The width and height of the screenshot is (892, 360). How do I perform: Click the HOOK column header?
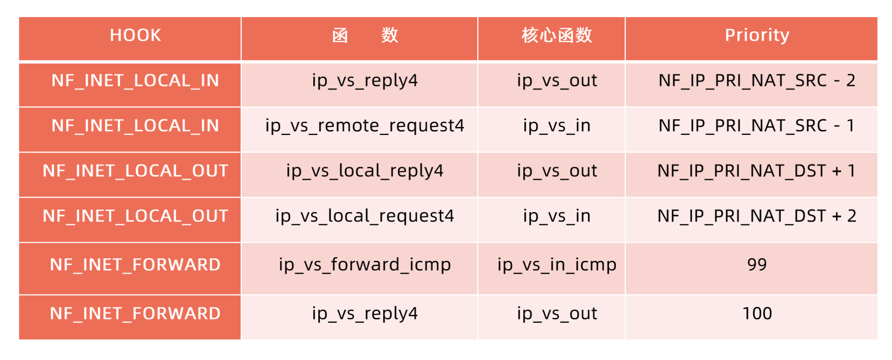[x=135, y=35]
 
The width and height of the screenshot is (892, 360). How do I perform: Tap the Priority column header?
[x=757, y=35]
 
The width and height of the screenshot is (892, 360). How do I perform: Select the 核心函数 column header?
[x=557, y=35]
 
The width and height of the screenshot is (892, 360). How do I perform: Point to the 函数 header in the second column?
[x=365, y=35]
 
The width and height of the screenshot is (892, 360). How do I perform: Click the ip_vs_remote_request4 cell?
[x=365, y=126]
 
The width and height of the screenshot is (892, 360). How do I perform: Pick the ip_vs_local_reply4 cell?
[x=365, y=171]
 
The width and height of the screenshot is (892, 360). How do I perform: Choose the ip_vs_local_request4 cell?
[x=365, y=216]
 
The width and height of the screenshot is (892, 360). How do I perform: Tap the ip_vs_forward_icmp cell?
[x=365, y=265]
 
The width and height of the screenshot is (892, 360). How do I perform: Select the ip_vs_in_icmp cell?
[x=557, y=265]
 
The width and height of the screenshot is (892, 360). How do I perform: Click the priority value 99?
[x=757, y=265]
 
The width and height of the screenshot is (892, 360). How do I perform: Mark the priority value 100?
[x=757, y=313]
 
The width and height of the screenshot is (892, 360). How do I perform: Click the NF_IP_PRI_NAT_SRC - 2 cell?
[x=757, y=80]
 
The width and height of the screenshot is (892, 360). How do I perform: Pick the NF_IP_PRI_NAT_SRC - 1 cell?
[x=757, y=126]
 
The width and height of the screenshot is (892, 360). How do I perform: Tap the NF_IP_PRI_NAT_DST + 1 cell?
[x=757, y=171]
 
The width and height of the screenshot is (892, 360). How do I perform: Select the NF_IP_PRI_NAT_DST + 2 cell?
[x=757, y=216]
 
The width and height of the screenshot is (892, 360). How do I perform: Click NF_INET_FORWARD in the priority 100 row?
[x=135, y=314]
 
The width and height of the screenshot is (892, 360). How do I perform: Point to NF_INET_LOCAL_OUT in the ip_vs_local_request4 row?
[x=135, y=216]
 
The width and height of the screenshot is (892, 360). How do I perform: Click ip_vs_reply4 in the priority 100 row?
[x=365, y=314]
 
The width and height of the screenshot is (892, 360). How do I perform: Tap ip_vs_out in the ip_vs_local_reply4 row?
[x=557, y=171]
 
